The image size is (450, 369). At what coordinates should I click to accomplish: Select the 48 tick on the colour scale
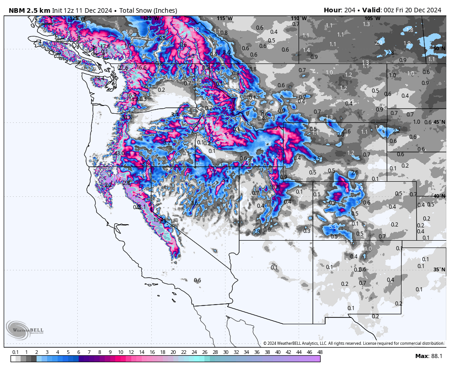click(x=320, y=352)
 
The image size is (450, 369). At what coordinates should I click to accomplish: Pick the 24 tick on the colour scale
click(x=194, y=352)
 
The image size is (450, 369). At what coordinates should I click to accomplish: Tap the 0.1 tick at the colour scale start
click(x=15, y=352)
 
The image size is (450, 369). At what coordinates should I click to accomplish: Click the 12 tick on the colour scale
click(x=131, y=352)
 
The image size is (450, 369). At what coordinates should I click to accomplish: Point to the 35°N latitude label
click(x=439, y=269)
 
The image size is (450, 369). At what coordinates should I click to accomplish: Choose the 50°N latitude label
click(x=439, y=48)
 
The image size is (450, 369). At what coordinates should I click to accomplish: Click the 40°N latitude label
click(x=439, y=196)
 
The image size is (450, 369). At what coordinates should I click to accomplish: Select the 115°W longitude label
click(x=225, y=18)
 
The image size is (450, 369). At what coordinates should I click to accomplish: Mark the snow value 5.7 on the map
click(x=214, y=171)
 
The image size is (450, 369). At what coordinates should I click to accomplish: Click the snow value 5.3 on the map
click(x=333, y=227)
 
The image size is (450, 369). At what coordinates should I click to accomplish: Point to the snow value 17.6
click(x=106, y=46)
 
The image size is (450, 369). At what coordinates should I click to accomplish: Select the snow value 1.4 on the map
click(x=306, y=50)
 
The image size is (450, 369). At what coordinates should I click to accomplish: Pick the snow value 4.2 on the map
click(x=275, y=157)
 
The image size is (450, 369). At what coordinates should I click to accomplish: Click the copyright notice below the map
click(x=353, y=343)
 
